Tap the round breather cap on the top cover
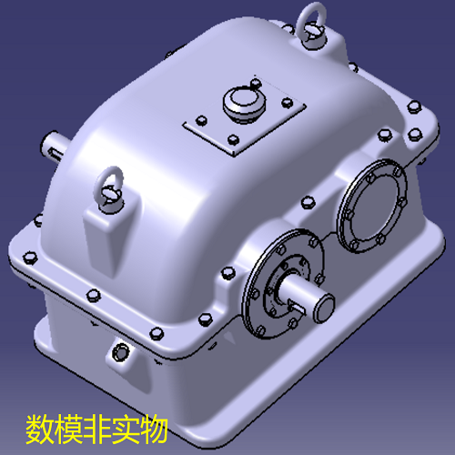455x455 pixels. (x=243, y=103)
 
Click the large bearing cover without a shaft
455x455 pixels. (x=372, y=207)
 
